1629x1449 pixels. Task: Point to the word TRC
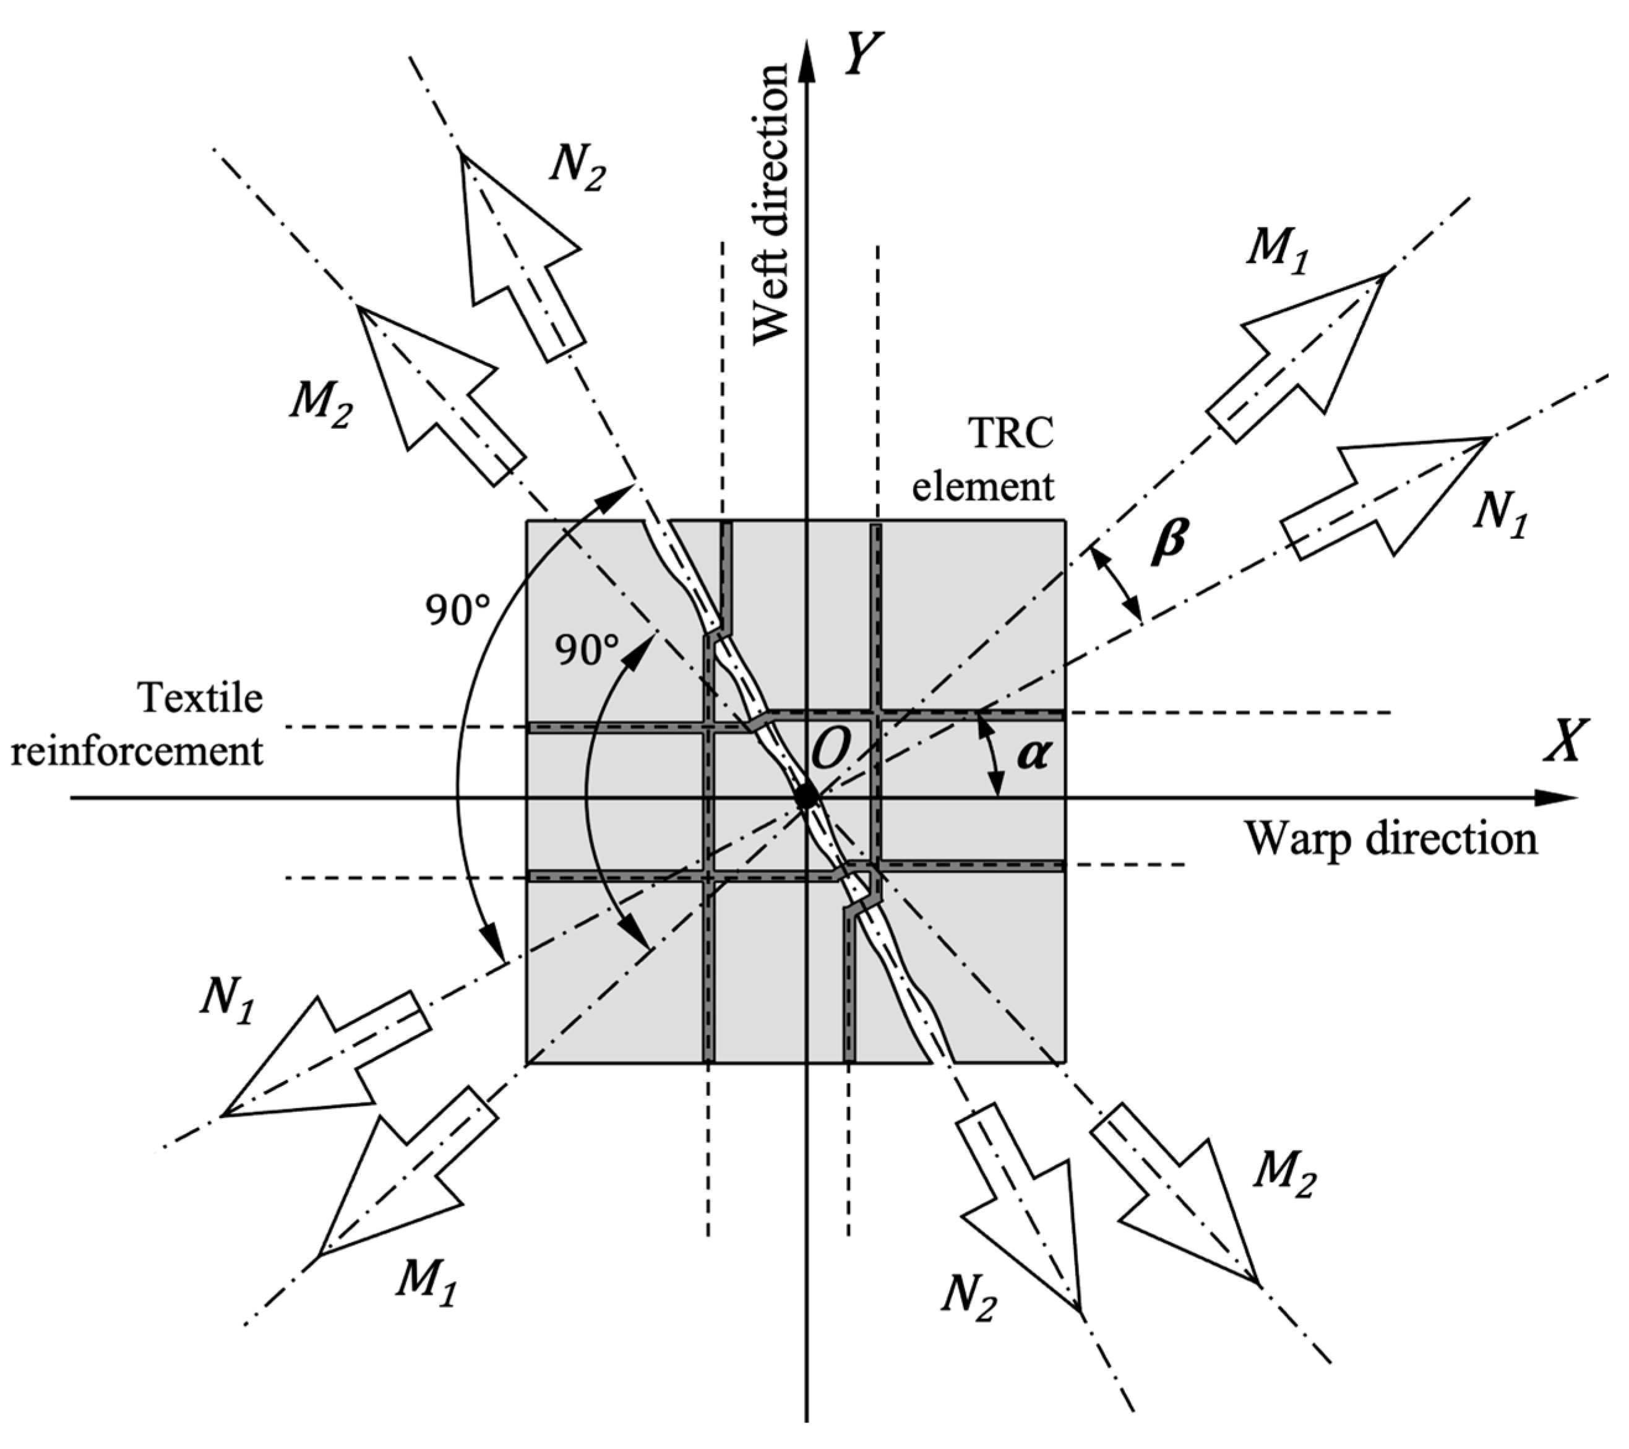(x=1010, y=434)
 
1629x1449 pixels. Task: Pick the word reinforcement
(x=137, y=752)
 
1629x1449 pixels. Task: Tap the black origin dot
(x=807, y=796)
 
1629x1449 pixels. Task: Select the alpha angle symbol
(x=1034, y=754)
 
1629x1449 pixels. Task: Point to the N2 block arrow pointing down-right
(x=1020, y=1195)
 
